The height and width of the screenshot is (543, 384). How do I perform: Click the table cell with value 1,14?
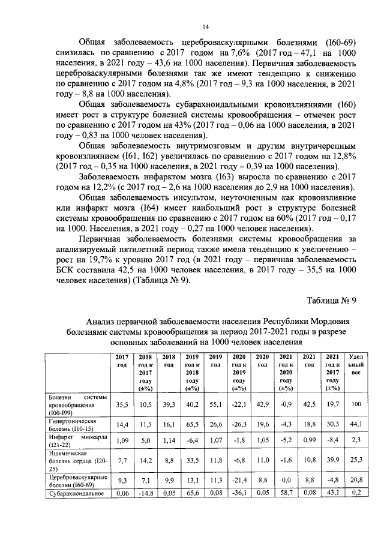point(169,441)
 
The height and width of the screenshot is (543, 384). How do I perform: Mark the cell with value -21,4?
point(239,481)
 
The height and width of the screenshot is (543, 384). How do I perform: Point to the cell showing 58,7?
point(285,493)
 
